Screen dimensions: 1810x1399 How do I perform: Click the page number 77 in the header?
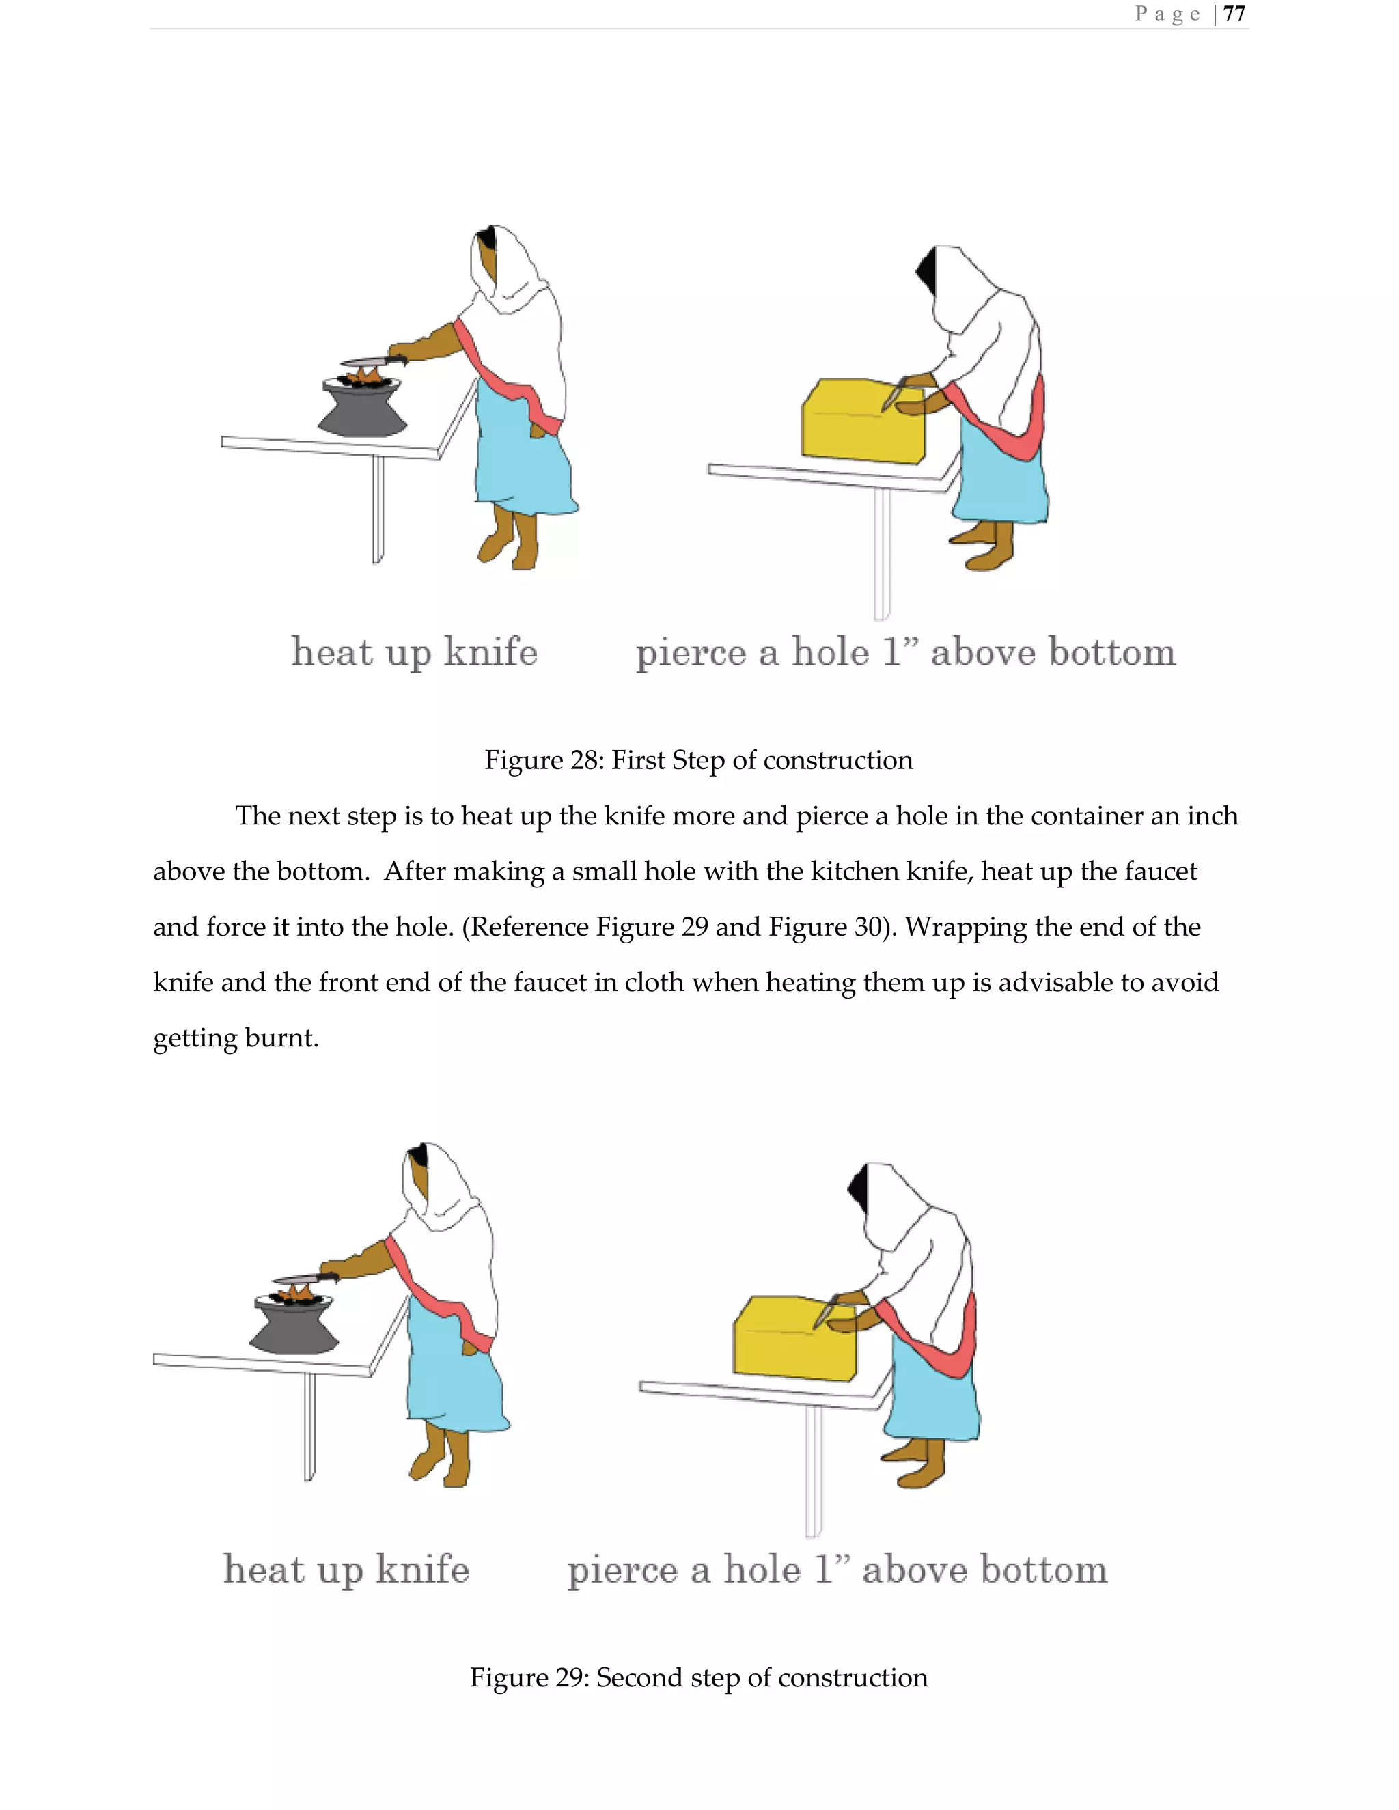(1234, 14)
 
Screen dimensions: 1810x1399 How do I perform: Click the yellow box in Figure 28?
(862, 423)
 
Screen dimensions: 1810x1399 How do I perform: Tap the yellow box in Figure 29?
(794, 1339)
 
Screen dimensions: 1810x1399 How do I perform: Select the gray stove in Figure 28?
(362, 410)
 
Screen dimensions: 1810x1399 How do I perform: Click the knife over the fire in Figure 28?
(369, 361)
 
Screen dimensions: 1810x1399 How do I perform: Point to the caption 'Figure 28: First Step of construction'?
(698, 760)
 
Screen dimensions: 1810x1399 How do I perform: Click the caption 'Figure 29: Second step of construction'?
(698, 1677)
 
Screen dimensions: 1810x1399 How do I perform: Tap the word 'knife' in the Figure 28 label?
(490, 652)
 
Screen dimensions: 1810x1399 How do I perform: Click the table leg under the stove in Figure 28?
(378, 510)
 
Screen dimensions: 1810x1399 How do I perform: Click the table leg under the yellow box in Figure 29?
(813, 1471)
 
